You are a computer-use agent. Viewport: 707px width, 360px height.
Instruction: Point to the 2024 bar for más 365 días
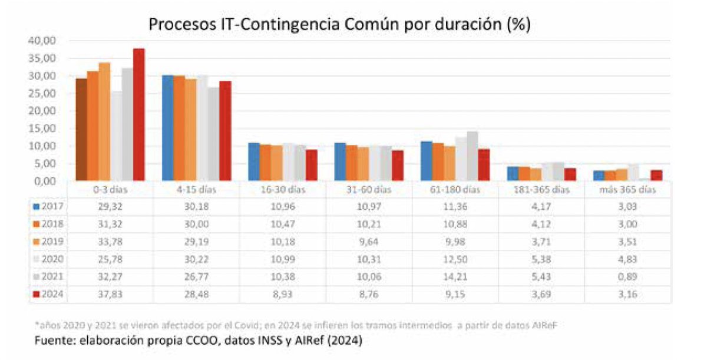click(656, 176)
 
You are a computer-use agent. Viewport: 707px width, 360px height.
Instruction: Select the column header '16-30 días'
click(283, 190)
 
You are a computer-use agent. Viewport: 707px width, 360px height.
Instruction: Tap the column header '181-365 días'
click(541, 190)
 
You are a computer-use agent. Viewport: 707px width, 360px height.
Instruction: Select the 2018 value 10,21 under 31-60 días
click(369, 224)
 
